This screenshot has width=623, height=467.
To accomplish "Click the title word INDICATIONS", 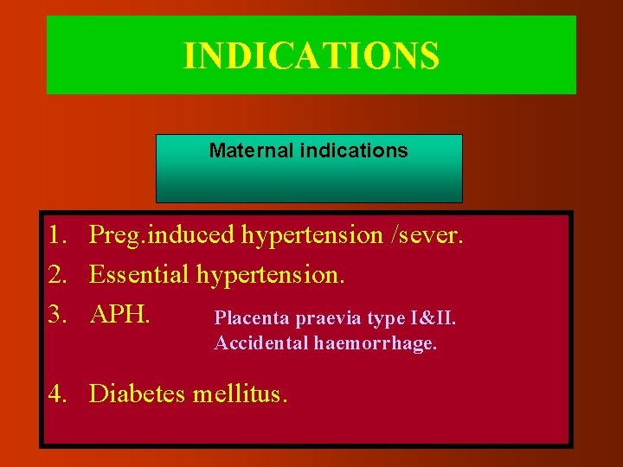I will click(311, 56).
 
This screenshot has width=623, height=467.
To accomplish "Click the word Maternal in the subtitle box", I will click(251, 150).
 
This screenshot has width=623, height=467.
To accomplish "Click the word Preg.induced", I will click(162, 235).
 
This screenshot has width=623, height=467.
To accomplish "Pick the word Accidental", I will click(261, 343).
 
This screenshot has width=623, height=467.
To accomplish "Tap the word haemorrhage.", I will click(376, 343).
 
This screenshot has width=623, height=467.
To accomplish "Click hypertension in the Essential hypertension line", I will click(271, 276).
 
